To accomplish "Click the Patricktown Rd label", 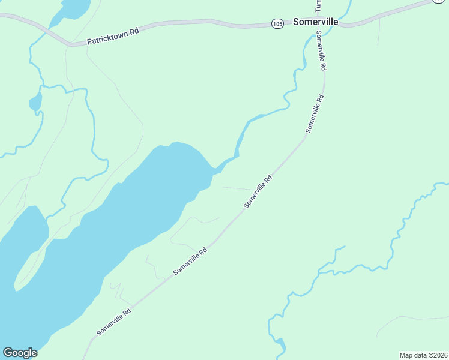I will [x=113, y=37].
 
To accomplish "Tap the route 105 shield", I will [x=277, y=23].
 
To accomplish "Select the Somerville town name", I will [x=316, y=22].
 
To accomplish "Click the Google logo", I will [x=20, y=353].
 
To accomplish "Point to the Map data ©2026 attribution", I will [x=423, y=355].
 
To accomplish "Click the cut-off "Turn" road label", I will [x=318, y=5].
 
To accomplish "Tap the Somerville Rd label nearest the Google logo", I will [x=114, y=322].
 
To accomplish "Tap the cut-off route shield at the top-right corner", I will [x=440, y=2].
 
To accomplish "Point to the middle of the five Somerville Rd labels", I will [x=258, y=191].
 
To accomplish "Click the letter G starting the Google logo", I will [x=8, y=353].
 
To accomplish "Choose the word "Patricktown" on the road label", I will [x=107, y=38].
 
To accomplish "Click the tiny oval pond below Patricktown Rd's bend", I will [x=35, y=101].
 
